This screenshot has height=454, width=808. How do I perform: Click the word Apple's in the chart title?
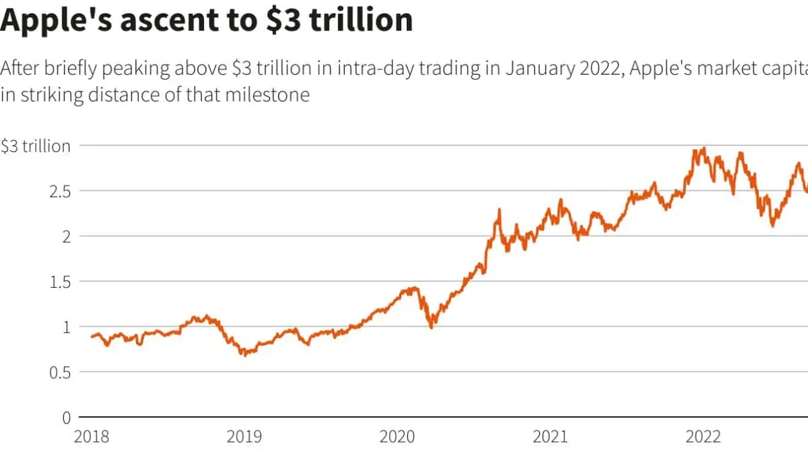[x=59, y=20]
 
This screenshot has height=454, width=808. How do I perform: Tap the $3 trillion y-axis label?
[x=35, y=146]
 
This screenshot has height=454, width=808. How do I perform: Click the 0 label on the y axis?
[x=66, y=417]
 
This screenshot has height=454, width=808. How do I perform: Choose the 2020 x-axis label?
[x=398, y=437]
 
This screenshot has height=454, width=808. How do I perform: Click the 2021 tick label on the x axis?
[x=550, y=437]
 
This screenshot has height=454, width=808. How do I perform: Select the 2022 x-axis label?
[x=702, y=437]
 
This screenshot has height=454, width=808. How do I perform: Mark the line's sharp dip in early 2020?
[x=432, y=326]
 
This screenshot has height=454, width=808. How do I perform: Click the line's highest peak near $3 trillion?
[x=704, y=149]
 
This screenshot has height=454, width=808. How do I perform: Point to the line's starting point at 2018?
[x=92, y=336]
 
